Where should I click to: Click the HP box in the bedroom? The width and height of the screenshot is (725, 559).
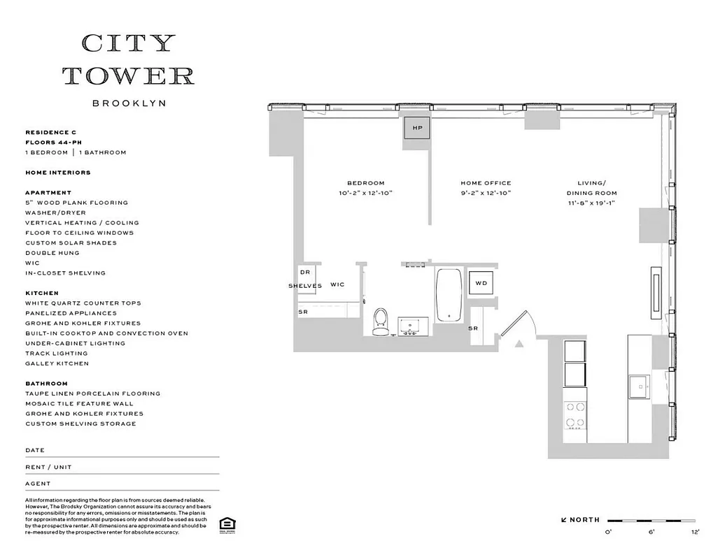point(418,128)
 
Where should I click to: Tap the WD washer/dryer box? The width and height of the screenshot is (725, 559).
point(480,283)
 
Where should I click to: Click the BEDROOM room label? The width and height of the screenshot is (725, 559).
point(365,183)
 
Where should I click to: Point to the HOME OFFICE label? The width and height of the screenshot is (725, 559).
point(486,183)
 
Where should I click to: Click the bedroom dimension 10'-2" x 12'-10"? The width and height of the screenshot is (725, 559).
point(365,193)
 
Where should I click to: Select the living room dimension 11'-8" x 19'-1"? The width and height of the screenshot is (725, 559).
point(592,203)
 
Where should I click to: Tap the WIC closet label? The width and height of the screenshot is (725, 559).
point(337,285)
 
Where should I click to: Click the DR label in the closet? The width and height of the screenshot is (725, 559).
point(304,273)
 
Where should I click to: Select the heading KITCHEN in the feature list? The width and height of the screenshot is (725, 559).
point(42,293)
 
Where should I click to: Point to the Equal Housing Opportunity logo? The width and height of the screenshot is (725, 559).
point(226,525)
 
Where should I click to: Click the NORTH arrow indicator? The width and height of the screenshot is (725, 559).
point(580,520)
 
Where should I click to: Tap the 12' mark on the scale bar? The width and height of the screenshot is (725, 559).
point(695,532)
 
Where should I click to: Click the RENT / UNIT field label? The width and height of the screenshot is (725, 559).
point(48,467)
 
